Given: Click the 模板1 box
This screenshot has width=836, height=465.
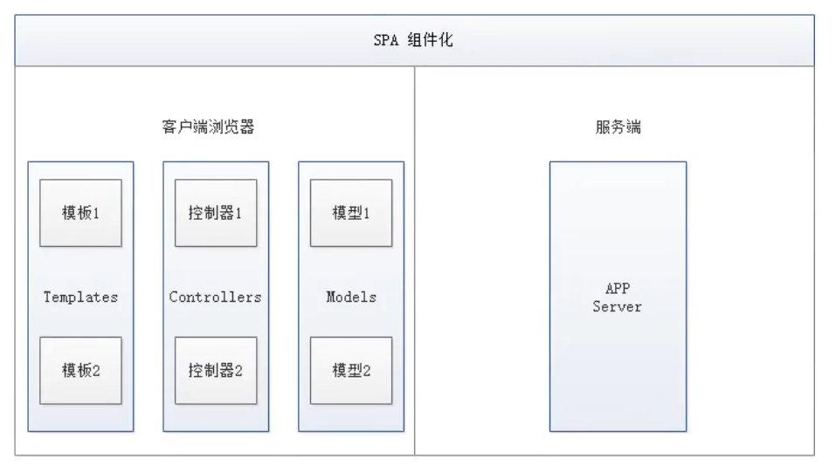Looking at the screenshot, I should (80, 213).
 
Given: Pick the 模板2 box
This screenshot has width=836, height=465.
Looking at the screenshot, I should (80, 370).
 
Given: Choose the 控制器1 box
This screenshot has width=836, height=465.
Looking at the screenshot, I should (216, 213).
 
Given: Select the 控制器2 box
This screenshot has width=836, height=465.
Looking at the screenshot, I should (216, 370).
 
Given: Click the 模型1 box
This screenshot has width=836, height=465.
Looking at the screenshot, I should (351, 213).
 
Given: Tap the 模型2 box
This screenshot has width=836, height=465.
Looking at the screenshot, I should (351, 370).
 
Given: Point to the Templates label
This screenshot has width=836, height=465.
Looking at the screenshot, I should (80, 297).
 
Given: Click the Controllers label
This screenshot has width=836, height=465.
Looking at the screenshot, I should (216, 297).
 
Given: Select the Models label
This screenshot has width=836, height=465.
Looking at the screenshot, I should (351, 297).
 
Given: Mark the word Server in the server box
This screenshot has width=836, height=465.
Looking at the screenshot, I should (618, 307).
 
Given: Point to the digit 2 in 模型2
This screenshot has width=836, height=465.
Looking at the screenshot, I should (368, 371).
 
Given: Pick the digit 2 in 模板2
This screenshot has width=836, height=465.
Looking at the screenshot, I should (97, 371).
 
